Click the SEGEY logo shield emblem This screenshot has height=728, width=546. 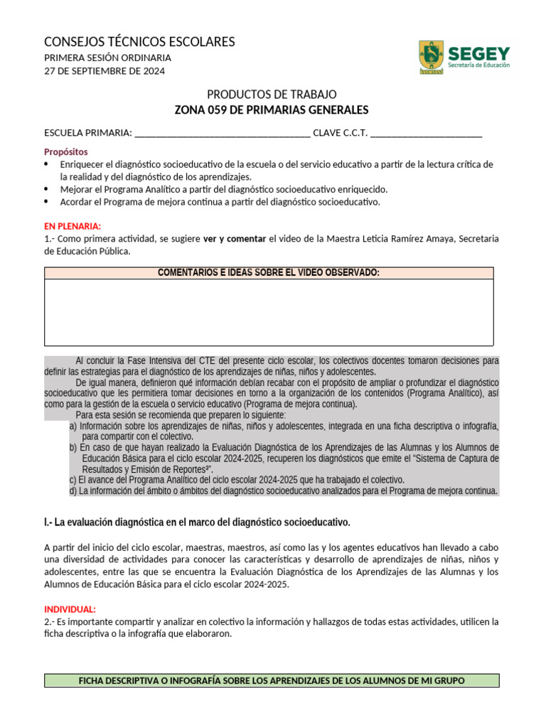coord(431,58)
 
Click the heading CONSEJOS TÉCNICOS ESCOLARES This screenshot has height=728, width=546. coord(139,42)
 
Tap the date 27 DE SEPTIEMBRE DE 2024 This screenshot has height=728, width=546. coord(105,70)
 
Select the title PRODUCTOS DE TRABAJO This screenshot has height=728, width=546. coord(272,95)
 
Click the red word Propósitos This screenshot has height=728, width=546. coord(66,151)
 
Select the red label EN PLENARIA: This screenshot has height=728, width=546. coord(73,226)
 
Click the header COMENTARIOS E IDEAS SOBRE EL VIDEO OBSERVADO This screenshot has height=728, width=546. coord(269,273)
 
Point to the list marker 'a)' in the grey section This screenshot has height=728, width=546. coord(73,427)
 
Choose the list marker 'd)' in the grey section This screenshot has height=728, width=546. coord(73,491)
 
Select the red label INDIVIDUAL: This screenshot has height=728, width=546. coord(70,609)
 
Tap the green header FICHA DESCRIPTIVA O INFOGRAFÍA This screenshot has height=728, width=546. coord(272,680)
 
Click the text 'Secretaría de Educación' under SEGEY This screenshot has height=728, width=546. coord(478,65)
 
